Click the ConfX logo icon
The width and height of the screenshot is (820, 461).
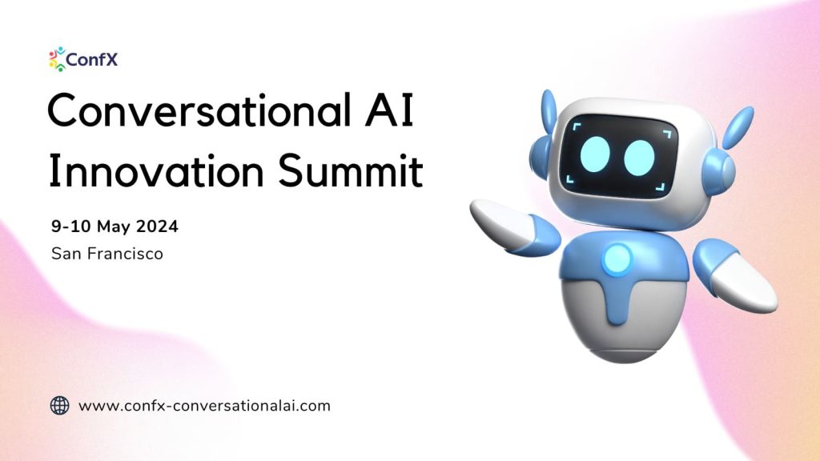point(58,58)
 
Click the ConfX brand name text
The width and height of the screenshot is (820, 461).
point(92,58)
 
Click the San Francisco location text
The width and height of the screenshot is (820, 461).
point(107,254)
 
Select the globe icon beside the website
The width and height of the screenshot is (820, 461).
point(60,405)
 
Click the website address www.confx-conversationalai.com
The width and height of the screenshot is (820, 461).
point(204,405)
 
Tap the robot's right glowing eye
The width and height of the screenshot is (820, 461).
point(641,157)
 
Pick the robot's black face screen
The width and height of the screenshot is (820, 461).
point(618,156)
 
